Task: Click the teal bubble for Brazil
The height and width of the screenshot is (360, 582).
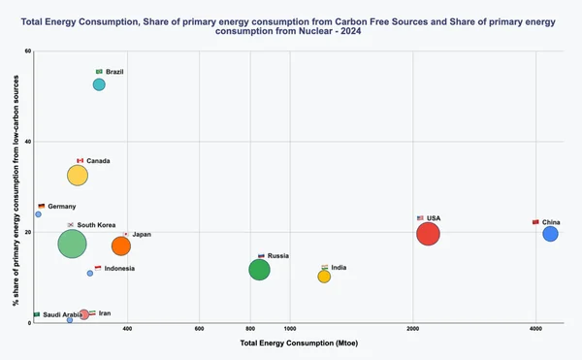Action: [99, 84]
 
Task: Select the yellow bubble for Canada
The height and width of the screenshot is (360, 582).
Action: [78, 176]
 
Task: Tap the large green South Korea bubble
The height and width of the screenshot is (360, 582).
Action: [73, 244]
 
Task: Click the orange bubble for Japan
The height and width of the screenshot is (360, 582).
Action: [121, 245]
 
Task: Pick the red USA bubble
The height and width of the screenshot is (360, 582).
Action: [428, 233]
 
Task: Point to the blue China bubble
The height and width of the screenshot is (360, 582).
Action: [550, 233]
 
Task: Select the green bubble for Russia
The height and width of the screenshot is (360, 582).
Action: [259, 269]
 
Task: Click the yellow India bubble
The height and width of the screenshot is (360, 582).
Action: [324, 277]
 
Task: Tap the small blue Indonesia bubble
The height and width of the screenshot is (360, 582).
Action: [90, 274]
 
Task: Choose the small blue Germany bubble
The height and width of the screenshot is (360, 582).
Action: [38, 214]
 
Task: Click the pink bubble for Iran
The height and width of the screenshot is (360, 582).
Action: [84, 314]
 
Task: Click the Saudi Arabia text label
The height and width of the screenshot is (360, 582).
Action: [62, 314]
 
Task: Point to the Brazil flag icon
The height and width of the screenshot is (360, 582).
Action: [99, 71]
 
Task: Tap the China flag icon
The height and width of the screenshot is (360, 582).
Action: [535, 222]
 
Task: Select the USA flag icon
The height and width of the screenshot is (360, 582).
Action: [420, 217]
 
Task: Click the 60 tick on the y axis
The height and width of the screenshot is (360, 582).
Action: [27, 51]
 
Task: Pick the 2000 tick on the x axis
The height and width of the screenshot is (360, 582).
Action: [411, 330]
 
